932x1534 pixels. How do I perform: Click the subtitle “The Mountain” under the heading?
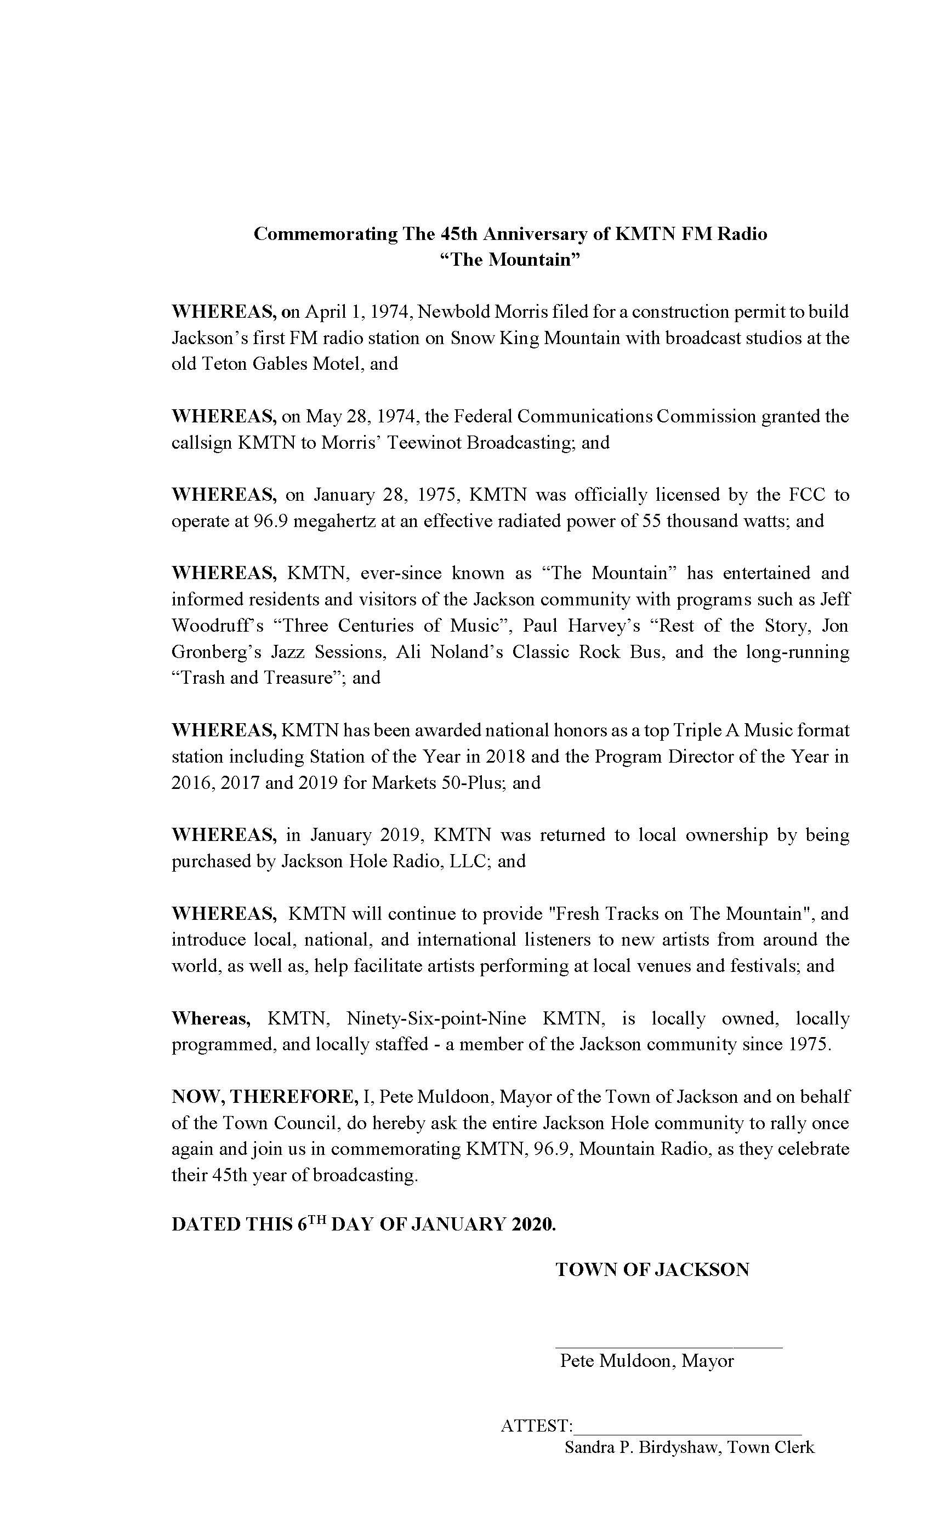click(510, 260)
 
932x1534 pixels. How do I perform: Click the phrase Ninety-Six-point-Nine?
click(436, 1019)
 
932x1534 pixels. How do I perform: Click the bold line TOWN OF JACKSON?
click(652, 1270)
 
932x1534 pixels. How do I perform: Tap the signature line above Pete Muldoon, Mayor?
click(668, 1349)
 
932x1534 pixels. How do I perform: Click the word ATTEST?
click(535, 1426)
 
